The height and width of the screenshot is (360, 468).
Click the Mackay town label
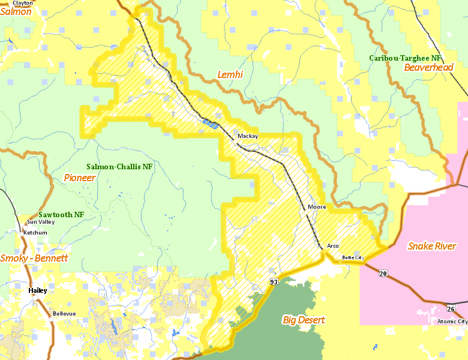tap(247, 136)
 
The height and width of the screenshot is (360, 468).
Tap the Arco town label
tap(333, 246)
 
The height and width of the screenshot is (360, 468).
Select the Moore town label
tap(317, 207)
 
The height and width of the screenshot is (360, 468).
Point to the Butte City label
tap(353, 257)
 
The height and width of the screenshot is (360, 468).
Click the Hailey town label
tap(37, 290)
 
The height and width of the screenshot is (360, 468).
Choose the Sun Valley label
tap(41, 222)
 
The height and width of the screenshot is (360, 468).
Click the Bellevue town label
tap(64, 314)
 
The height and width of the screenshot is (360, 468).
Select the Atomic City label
tap(452, 322)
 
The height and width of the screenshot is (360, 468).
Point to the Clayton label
tap(23, 3)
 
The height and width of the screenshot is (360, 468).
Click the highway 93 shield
tap(274, 281)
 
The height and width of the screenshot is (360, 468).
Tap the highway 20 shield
tap(382, 274)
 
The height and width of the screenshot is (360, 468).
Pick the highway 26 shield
tap(451, 308)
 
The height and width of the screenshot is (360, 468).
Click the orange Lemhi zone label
tap(230, 74)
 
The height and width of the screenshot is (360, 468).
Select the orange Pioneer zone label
tap(79, 178)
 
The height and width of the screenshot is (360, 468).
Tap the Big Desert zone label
tap(304, 320)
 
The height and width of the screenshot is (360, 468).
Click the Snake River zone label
tap(432, 246)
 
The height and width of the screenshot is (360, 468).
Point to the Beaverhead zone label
tap(428, 68)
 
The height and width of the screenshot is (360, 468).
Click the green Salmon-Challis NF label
tap(120, 167)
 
